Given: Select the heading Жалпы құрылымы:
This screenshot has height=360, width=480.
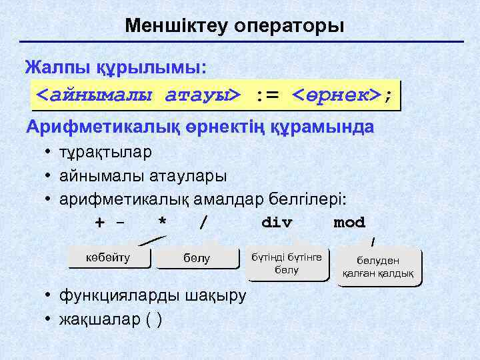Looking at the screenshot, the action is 115,68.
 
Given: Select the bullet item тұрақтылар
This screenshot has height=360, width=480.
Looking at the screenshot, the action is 105,152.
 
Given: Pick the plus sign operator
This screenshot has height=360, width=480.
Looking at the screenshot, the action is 100,223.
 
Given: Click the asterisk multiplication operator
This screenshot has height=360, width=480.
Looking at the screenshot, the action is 162,223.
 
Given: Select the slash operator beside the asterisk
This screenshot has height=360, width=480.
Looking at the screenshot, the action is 203,223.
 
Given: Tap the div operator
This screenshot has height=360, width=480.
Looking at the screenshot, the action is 277,223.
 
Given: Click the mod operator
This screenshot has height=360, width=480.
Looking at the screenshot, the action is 349,223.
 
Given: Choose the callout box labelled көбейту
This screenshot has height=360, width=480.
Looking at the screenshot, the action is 109,257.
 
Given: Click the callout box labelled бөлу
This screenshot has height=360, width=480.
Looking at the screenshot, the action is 197,259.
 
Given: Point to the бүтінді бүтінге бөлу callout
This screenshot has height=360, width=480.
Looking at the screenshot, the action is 286,263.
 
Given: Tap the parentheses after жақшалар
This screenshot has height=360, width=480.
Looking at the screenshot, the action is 154,319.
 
